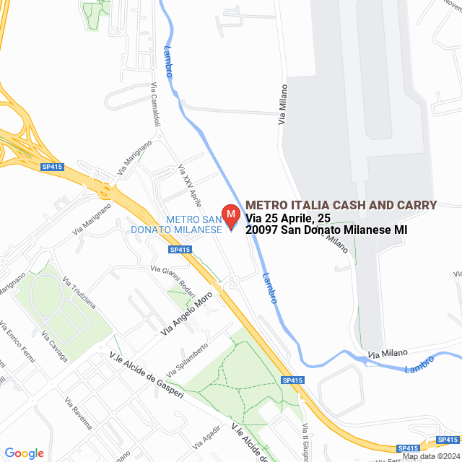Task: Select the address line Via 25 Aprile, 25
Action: (x=288, y=217)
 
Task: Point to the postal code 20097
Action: (x=261, y=230)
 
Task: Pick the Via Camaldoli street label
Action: (x=155, y=105)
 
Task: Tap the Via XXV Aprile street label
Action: (x=189, y=185)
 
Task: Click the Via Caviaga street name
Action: (x=55, y=347)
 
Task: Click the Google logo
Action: (x=24, y=453)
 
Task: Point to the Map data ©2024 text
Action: (x=431, y=456)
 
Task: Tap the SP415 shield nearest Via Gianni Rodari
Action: (x=180, y=250)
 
